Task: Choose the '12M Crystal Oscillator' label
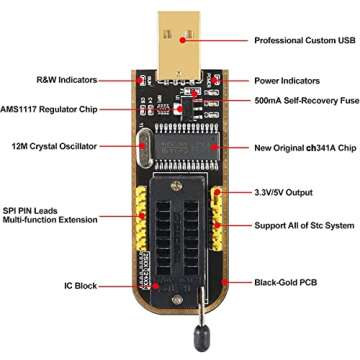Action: pyautogui.click(x=55, y=145)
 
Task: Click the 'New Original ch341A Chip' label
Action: pyautogui.click(x=304, y=147)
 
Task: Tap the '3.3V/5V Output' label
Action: pyautogui.click(x=285, y=191)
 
